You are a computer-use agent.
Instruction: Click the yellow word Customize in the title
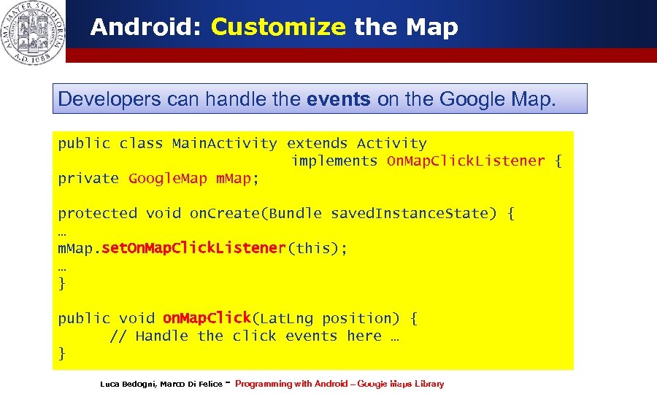click(x=278, y=28)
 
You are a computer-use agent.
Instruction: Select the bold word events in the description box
click(x=339, y=99)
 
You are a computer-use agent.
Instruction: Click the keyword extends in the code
click(x=317, y=144)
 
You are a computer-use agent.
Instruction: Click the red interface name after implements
click(x=466, y=161)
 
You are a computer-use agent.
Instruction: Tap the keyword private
click(x=88, y=179)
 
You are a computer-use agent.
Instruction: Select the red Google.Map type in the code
click(x=168, y=179)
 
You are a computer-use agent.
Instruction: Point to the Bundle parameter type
click(x=295, y=214)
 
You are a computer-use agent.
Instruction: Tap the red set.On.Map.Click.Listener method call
click(x=193, y=248)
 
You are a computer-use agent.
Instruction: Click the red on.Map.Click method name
click(x=207, y=318)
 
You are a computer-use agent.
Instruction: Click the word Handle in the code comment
click(x=161, y=336)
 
